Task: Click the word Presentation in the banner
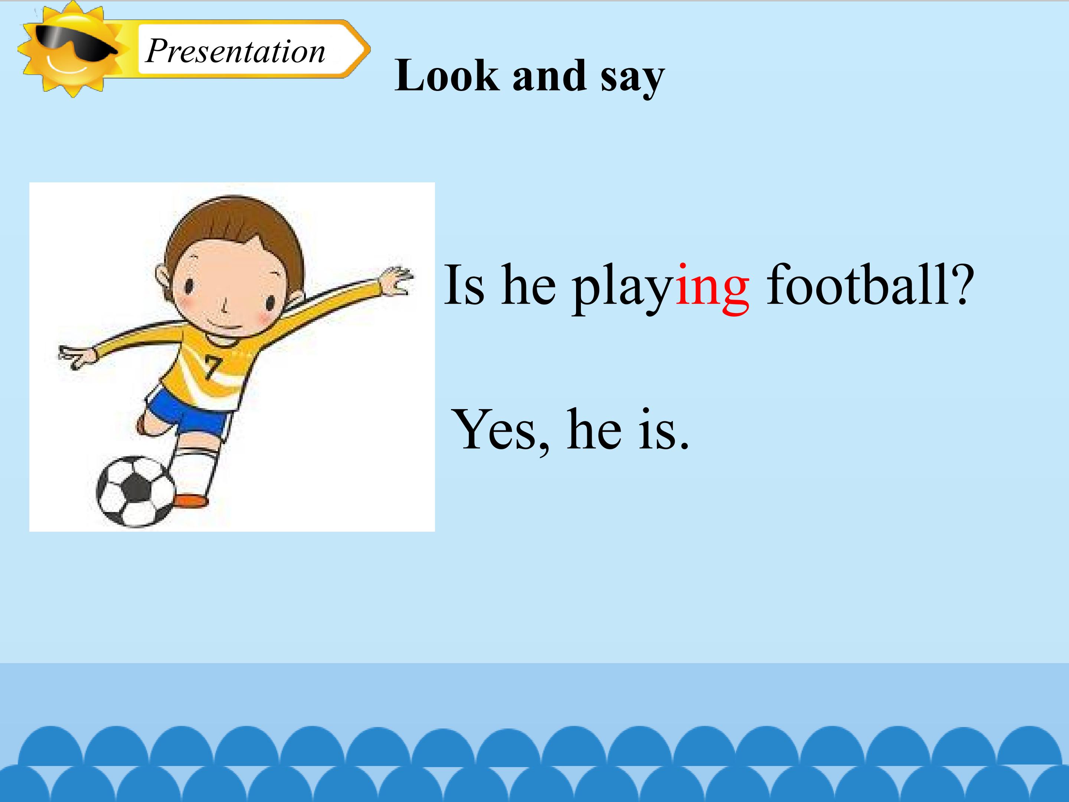[235, 51]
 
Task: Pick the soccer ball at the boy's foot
[135, 491]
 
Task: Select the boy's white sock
[196, 469]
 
